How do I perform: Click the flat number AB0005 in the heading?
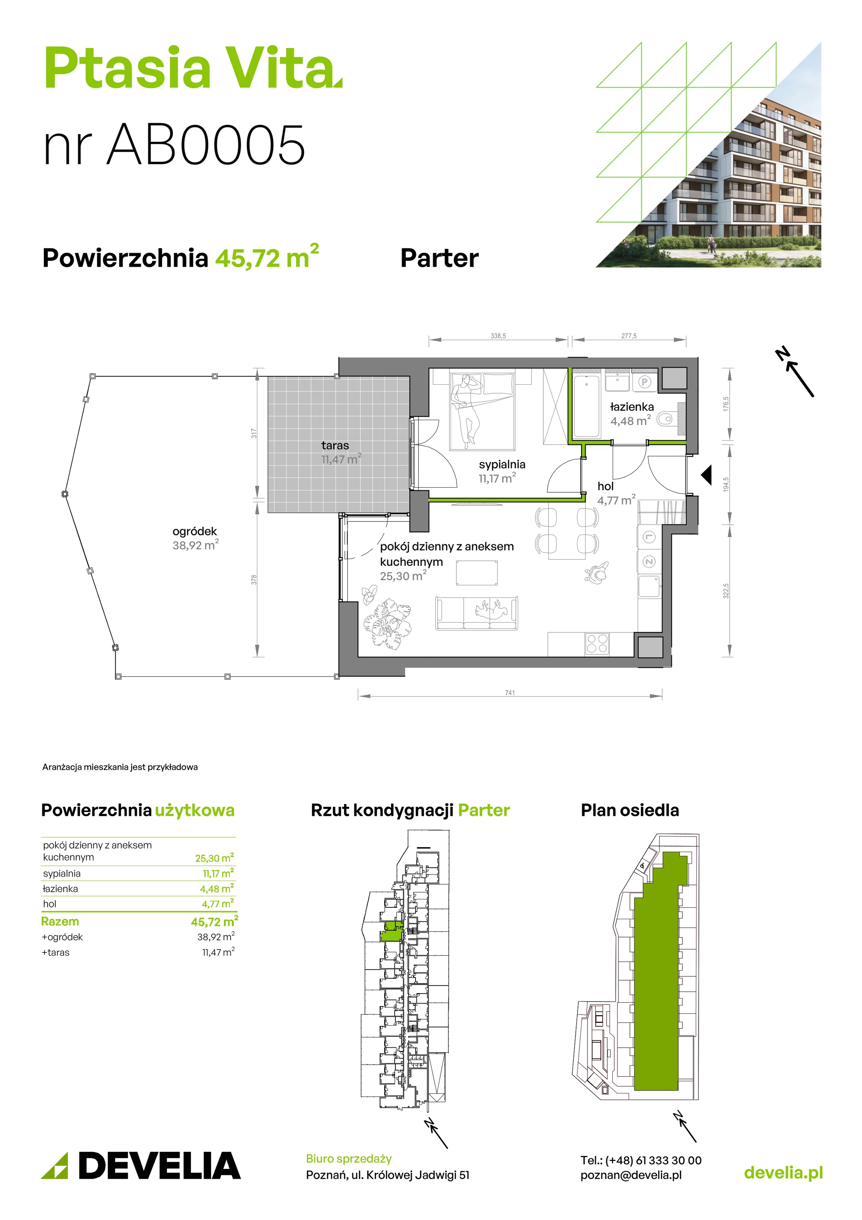click(x=206, y=144)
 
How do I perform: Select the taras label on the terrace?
click(x=335, y=445)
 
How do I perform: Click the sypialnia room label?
click(x=502, y=464)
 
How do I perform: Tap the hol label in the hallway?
click(x=605, y=486)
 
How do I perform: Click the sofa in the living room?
click(x=476, y=613)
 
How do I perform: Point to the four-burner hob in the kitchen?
click(x=596, y=644)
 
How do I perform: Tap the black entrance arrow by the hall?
click(x=706, y=475)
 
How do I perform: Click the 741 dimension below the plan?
click(x=510, y=693)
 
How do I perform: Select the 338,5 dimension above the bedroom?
click(x=498, y=336)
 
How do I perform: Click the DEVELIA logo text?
click(x=159, y=1166)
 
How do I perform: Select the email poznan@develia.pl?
click(x=631, y=1175)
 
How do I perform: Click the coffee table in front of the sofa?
click(x=477, y=573)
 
